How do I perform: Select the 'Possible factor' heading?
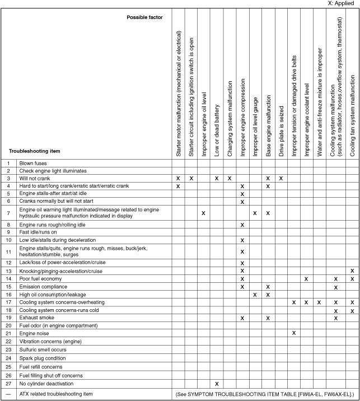point(144,17)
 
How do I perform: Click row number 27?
point(9,384)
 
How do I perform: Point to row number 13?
point(9,271)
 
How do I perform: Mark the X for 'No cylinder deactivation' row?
point(217,384)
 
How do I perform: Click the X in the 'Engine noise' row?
point(294,333)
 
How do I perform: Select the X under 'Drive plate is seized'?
point(281,178)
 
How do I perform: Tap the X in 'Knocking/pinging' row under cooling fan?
point(352,271)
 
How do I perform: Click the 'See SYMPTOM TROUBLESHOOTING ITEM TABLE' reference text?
point(264,394)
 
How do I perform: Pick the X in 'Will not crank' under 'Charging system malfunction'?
point(230,178)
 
